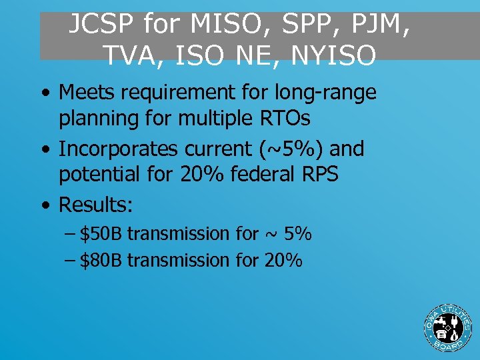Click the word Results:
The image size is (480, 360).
coord(96,205)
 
